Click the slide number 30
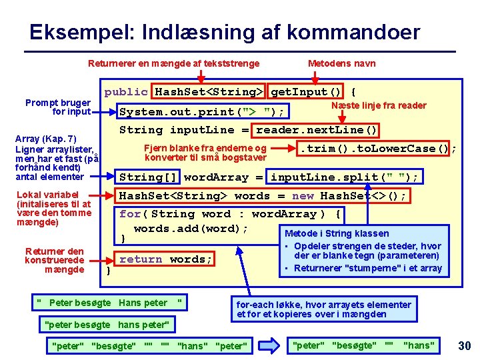pyautogui.click(x=464, y=345)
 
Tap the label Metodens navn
pyautogui.click(x=341, y=63)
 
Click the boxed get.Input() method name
pyautogui.click(x=307, y=92)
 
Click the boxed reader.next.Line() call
pyautogui.click(x=317, y=130)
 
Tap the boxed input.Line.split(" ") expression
pyautogui.click(x=344, y=177)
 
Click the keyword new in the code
pyautogui.click(x=303, y=196)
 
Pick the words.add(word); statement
pyautogui.click(x=191, y=229)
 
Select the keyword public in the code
pyautogui.click(x=126, y=92)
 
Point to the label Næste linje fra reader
pyautogui.click(x=379, y=105)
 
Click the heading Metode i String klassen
pyautogui.click(x=337, y=233)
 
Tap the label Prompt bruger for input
pyautogui.click(x=58, y=107)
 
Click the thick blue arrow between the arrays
pyautogui.click(x=271, y=345)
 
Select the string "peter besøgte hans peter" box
pyautogui.click(x=107, y=325)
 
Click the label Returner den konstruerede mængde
pyautogui.click(x=55, y=260)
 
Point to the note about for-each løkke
pyautogui.click(x=324, y=309)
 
